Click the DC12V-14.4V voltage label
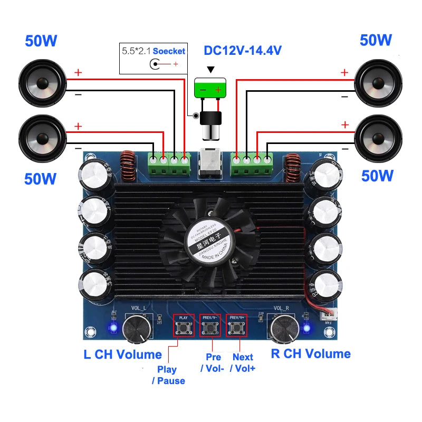pyautogui.click(x=243, y=51)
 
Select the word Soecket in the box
pyautogui.click(x=169, y=51)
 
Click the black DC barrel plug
pyautogui.click(x=210, y=125)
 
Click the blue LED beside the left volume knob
pyautogui.click(x=112, y=328)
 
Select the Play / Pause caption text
pyautogui.click(x=168, y=375)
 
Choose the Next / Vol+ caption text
pyautogui.click(x=243, y=363)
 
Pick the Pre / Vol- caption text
pyautogui.click(x=213, y=363)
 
